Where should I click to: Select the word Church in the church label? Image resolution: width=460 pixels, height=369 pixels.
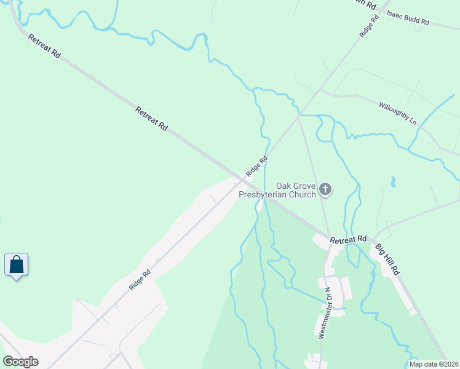(x=300, y=194)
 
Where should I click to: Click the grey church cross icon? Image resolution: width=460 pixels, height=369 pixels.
(x=326, y=190)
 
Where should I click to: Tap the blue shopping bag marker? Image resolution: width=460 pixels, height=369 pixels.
(x=17, y=265)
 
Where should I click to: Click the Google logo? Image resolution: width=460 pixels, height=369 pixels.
(x=20, y=362)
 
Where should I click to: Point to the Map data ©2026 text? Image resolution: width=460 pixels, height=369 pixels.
(x=434, y=364)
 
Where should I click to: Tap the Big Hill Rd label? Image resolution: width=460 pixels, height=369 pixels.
(x=388, y=259)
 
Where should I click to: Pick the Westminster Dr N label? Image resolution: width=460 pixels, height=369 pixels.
(x=324, y=314)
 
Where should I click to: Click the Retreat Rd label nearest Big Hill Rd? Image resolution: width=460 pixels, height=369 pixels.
(x=348, y=239)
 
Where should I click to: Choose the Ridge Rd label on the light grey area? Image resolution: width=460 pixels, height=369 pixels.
(x=140, y=280)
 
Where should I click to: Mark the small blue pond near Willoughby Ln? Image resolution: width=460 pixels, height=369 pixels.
(x=392, y=181)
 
